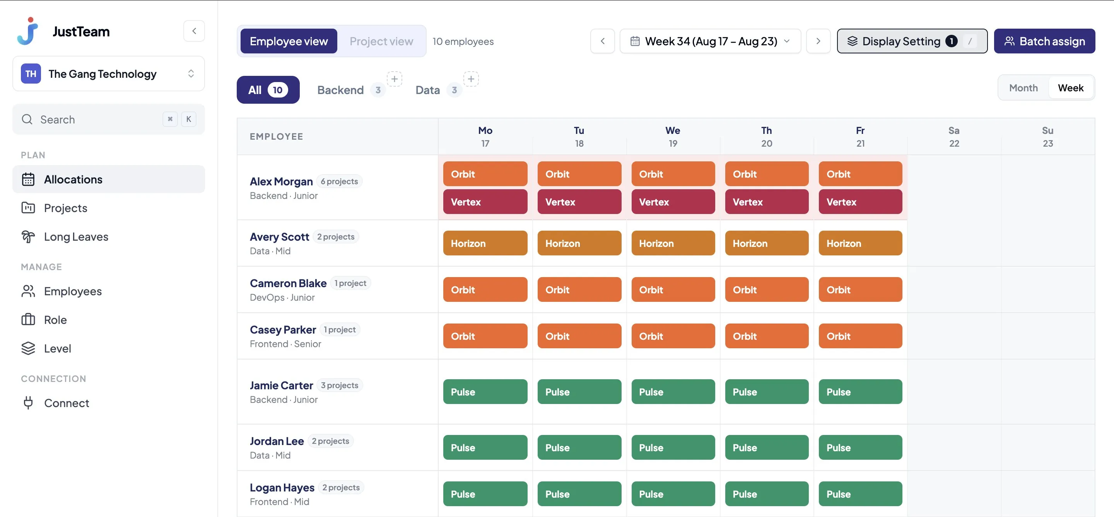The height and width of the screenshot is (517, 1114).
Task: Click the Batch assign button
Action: (1044, 41)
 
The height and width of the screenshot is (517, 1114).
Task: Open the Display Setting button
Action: (912, 41)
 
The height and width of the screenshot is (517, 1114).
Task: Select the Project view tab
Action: (381, 41)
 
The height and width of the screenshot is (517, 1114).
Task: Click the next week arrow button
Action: (818, 41)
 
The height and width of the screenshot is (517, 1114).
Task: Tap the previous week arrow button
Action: (602, 41)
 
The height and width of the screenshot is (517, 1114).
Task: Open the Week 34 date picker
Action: (710, 41)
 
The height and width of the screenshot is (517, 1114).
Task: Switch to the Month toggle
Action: (1023, 88)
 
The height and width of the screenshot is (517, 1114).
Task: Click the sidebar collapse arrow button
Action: (194, 31)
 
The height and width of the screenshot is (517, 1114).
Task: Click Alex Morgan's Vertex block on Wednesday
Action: (673, 202)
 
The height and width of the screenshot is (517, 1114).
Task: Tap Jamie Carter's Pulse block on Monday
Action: (485, 392)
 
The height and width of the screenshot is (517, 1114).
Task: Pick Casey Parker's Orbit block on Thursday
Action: (766, 336)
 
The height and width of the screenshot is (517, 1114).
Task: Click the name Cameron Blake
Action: (288, 283)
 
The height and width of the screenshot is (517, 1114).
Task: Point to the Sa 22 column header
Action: (953, 137)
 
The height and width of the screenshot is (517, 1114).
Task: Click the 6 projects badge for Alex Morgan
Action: (339, 181)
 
